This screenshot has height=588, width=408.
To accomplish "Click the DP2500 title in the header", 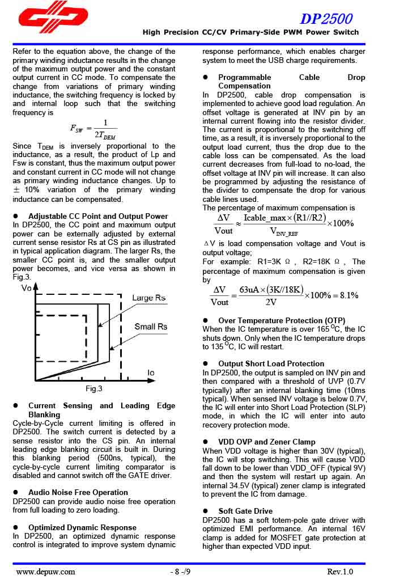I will coord(326,19).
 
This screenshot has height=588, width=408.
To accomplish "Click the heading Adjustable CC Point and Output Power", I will coord(98,216).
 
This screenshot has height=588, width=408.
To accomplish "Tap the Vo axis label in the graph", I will coord(26,289).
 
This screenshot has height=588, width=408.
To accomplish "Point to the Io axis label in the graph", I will coord(151,373).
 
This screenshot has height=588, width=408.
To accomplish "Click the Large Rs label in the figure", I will coord(148,298).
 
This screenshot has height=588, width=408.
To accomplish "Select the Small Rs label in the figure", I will coord(151,327).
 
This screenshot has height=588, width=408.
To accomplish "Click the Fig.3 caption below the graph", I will coord(94,389).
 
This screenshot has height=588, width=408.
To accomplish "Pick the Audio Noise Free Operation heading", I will coord(78,492).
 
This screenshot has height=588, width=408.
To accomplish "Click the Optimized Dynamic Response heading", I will coord(82,527).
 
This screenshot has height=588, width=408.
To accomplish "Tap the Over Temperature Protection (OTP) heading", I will coord(282,320).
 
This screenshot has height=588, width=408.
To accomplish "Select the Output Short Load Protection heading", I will coord(271,363).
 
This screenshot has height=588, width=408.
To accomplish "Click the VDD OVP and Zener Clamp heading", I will coord(266,442).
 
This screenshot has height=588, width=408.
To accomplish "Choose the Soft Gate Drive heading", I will coord(245,511).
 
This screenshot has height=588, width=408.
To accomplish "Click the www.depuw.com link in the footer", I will coord(45,572).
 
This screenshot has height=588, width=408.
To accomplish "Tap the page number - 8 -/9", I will coord(180,572).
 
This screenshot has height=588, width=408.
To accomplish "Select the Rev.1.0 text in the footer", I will coord(340,572).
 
